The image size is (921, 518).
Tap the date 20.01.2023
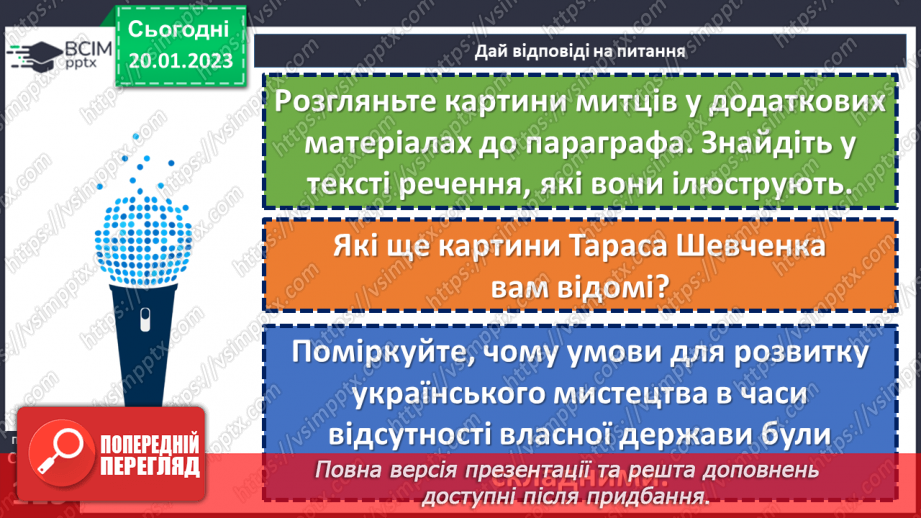(x=181, y=62)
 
